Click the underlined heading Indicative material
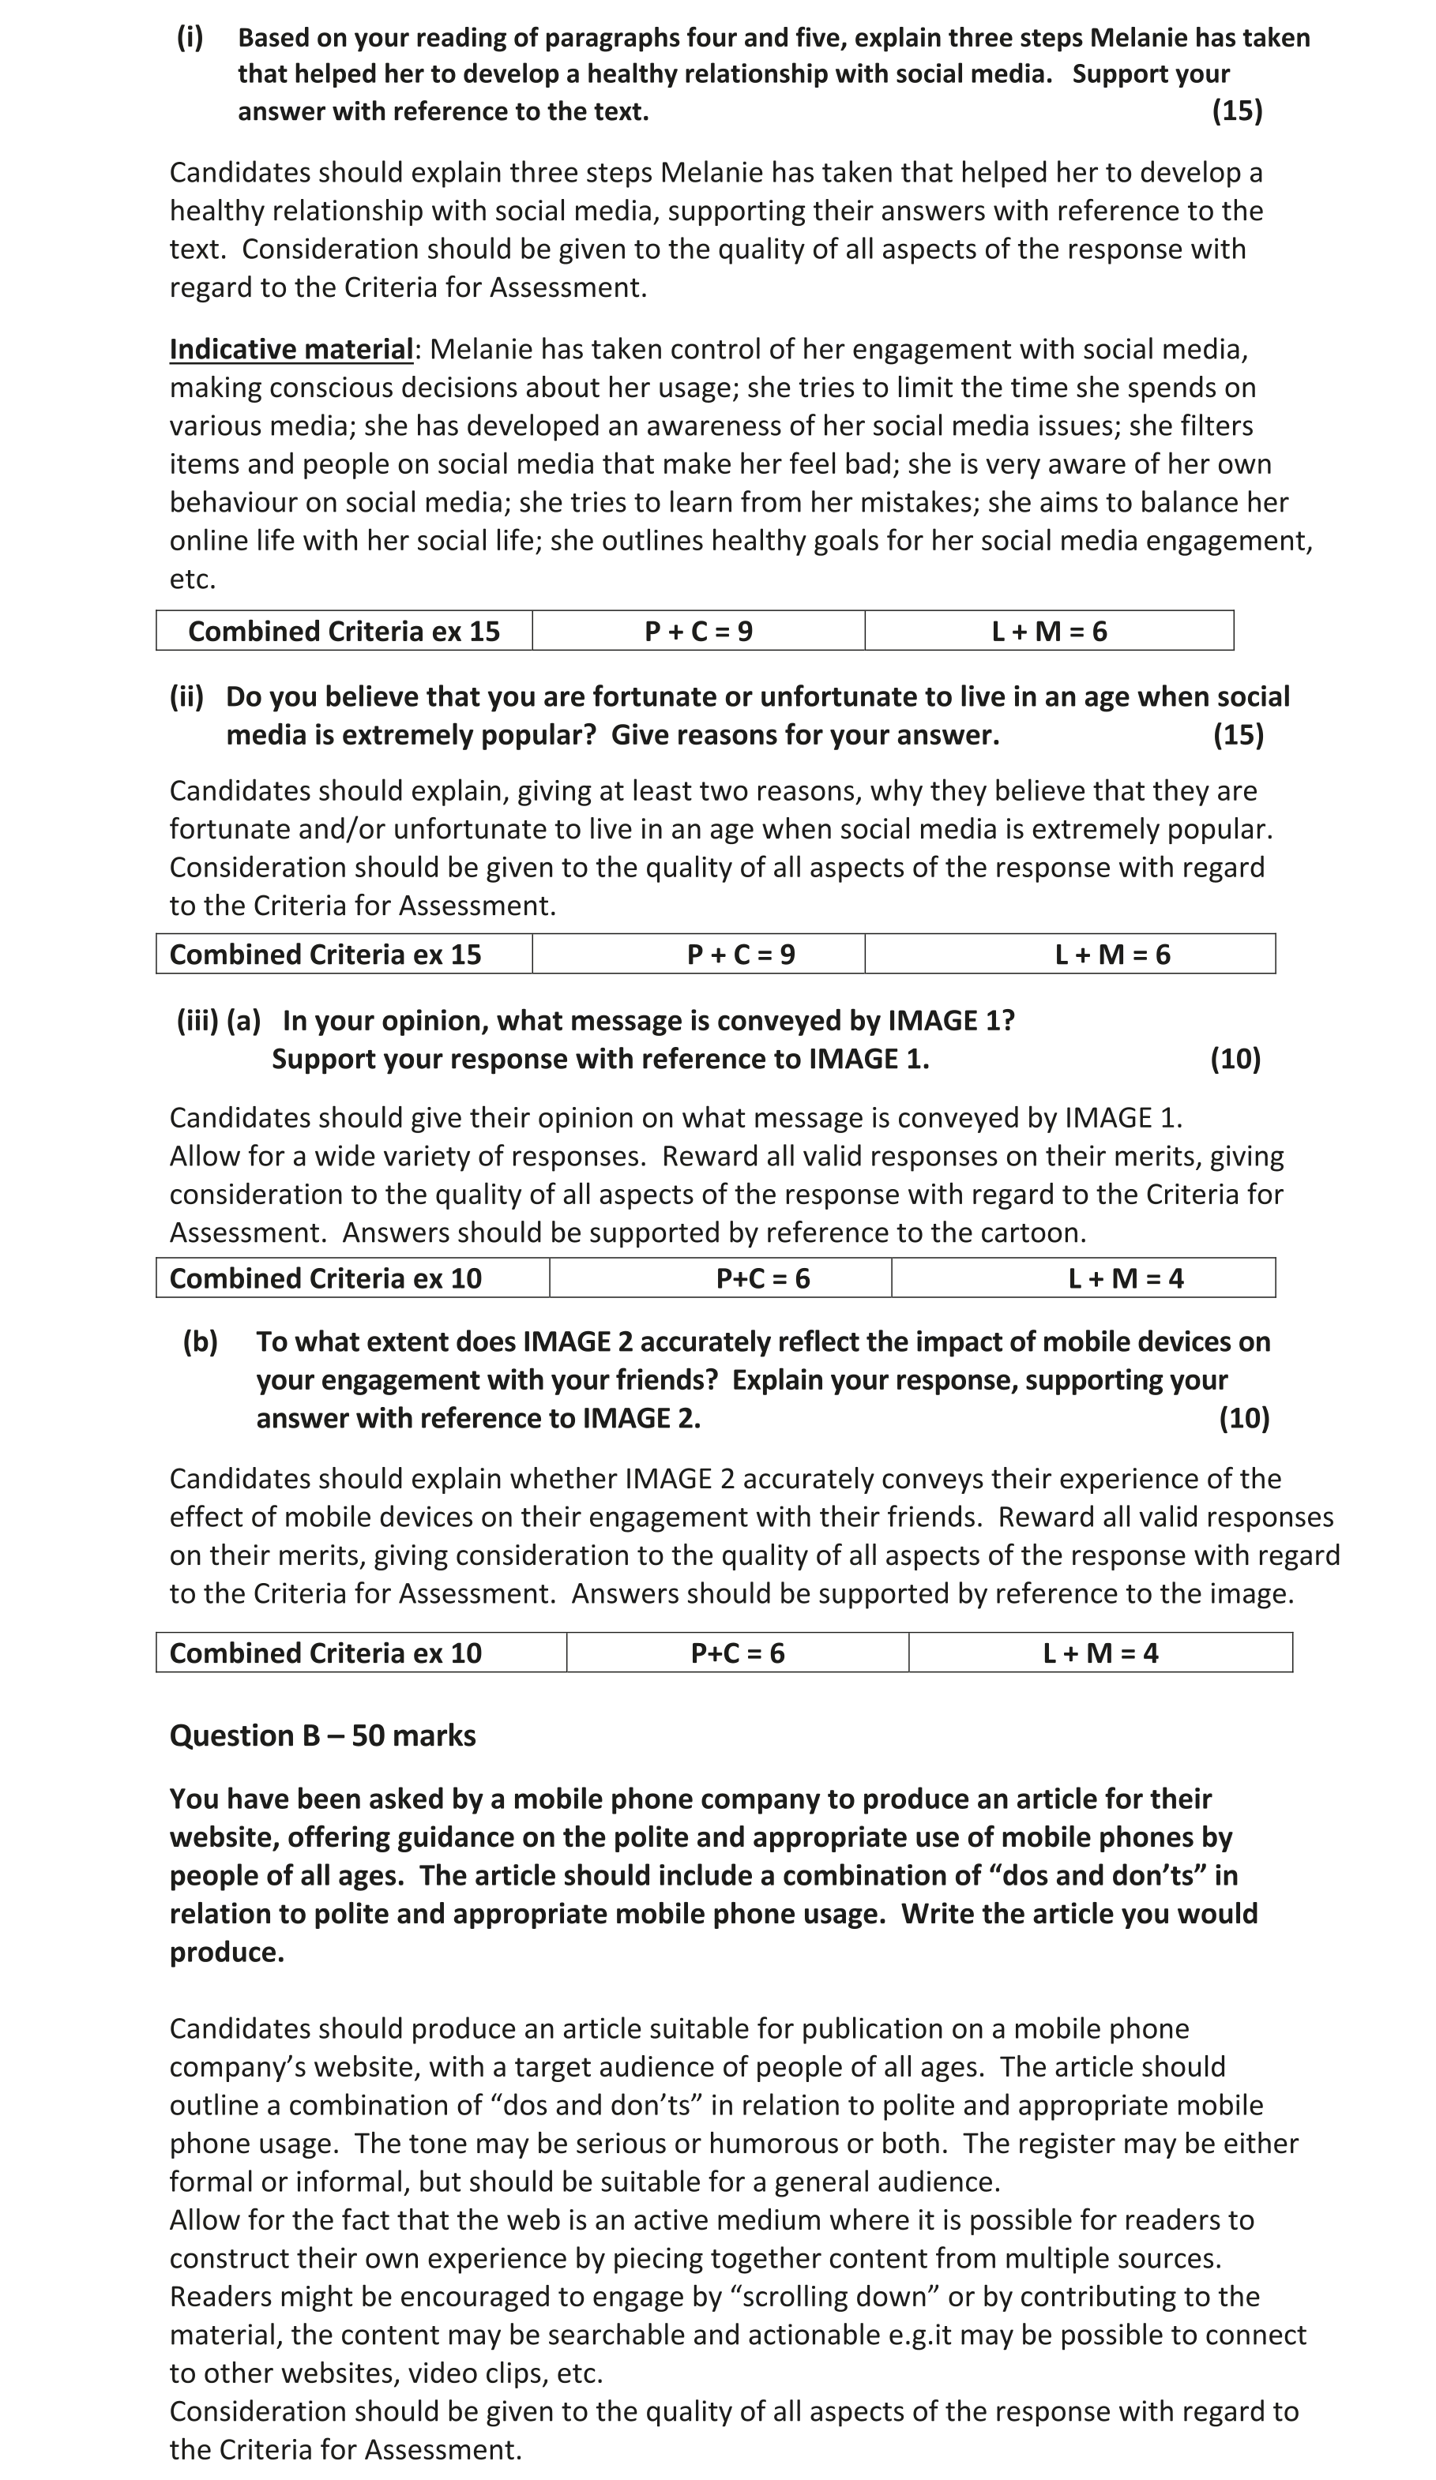click(291, 349)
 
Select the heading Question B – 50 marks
click(321, 1735)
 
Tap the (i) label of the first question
click(190, 37)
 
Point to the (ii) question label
click(186, 696)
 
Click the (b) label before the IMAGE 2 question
click(200, 1341)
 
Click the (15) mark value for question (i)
click(1236, 111)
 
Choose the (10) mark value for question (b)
click(1243, 1418)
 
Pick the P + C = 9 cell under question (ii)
click(740, 955)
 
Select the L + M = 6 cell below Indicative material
click(1048, 631)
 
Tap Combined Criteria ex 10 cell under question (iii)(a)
click(325, 1278)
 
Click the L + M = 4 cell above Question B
click(1100, 1653)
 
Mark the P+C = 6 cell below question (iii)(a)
click(763, 1278)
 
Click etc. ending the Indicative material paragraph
click(192, 580)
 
